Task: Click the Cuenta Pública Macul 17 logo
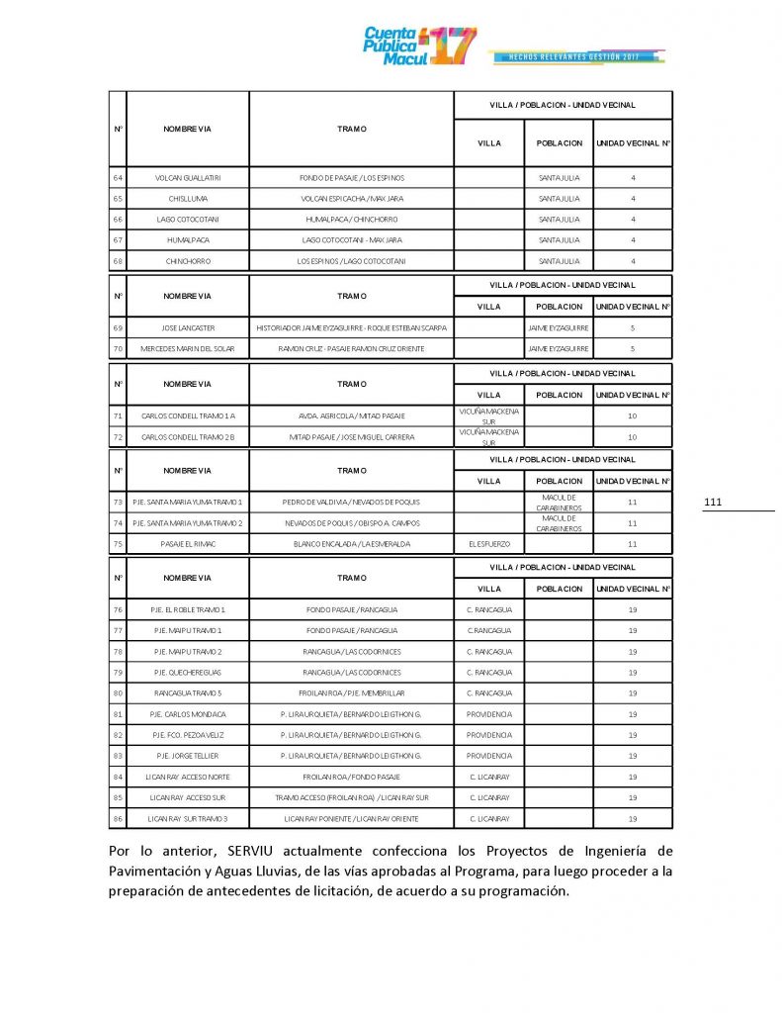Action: tap(419, 45)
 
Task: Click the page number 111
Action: tap(713, 504)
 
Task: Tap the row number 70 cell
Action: tap(118, 348)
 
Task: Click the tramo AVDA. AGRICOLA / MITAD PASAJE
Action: tap(352, 415)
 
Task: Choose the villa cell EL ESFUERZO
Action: tap(488, 543)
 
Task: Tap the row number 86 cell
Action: tap(118, 819)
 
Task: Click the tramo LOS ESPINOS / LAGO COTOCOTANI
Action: tap(352, 261)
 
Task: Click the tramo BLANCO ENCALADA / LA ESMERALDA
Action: tap(352, 543)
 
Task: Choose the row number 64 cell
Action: tap(118, 177)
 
